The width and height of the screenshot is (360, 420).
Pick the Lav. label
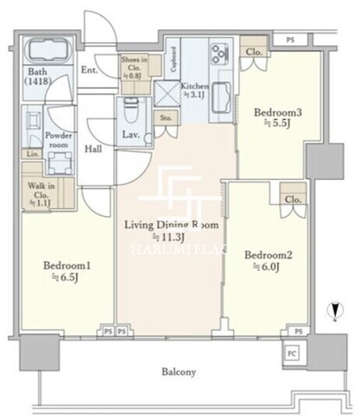click(131, 135)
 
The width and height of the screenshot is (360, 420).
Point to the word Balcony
click(179, 372)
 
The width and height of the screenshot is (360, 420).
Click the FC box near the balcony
click(293, 353)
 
